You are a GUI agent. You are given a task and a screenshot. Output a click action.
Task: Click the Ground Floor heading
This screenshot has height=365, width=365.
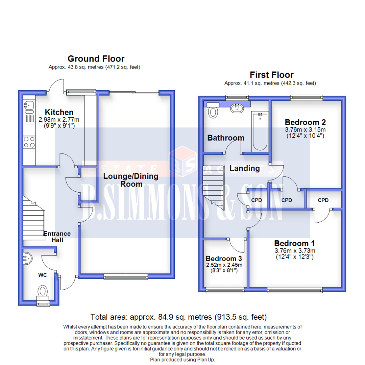click(x=96, y=59)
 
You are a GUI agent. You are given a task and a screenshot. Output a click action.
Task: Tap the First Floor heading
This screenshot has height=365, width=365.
click(x=271, y=75)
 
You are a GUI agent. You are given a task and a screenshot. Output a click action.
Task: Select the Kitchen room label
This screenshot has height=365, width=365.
click(x=59, y=112)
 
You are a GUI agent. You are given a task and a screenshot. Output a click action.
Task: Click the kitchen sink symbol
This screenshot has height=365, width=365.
click(x=28, y=105)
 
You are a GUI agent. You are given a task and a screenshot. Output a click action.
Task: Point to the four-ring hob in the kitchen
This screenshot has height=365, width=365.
click(x=29, y=142)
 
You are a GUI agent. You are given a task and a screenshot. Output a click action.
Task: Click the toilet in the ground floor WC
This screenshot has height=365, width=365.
click(x=43, y=291)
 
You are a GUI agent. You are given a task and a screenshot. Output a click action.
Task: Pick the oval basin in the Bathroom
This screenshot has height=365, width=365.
click(x=237, y=108)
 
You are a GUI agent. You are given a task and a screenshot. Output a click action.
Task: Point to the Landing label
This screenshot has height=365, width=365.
click(x=245, y=168)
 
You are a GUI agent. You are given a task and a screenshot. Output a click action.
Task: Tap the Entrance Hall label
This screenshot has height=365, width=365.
click(x=57, y=237)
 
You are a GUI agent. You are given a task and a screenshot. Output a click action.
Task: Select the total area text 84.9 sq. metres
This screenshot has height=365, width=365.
click(x=178, y=317)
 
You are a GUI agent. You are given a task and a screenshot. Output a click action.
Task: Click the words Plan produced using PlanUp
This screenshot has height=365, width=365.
click(x=182, y=360)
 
